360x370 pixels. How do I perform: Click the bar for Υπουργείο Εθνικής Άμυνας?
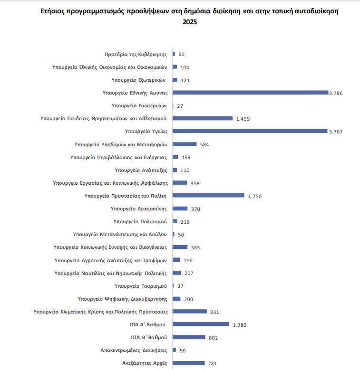coord(251,93)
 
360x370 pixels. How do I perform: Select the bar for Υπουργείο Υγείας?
coord(250,131)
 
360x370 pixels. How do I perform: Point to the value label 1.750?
coord(255,196)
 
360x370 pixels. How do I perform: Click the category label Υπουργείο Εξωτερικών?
coord(139,80)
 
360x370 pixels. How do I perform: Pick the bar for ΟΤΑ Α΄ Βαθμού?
coord(201,324)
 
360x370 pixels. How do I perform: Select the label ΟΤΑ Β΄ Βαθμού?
coord(148,337)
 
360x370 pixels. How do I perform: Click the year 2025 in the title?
coord(190,22)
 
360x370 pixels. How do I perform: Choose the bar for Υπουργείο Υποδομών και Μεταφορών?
coord(185,144)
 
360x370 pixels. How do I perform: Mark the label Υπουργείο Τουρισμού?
coord(141,286)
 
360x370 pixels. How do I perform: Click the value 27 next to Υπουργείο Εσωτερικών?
coord(180,105)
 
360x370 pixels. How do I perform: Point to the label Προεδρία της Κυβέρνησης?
coord(136,54)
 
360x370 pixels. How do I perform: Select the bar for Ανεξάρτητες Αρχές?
coord(188,363)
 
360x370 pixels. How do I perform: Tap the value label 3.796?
coord(336,93)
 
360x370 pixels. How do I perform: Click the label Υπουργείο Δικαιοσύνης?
coord(138,209)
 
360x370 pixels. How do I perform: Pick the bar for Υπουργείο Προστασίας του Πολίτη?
coord(208,195)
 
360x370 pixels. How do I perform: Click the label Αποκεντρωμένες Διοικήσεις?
coord(134,350)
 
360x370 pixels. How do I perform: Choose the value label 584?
coord(204,144)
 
